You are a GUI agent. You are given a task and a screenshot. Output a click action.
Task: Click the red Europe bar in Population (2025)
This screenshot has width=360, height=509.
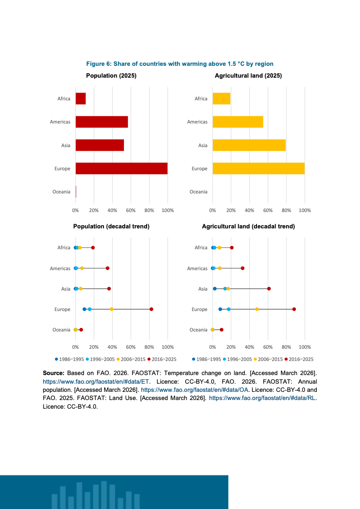point(121,168)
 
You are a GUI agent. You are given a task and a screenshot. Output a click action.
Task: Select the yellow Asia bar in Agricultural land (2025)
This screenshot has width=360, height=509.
point(249,145)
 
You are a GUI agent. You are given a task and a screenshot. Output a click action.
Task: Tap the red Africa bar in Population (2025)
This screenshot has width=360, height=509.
point(80,99)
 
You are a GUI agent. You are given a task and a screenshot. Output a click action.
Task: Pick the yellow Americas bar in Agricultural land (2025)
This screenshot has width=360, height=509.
point(238,122)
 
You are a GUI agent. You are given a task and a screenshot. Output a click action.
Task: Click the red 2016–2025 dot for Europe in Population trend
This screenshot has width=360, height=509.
point(151,309)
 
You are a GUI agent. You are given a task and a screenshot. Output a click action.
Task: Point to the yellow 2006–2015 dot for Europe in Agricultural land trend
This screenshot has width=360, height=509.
point(257,309)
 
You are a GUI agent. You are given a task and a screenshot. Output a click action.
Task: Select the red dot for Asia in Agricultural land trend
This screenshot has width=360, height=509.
point(269,289)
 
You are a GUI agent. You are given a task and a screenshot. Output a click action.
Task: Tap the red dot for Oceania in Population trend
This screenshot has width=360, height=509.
point(81,330)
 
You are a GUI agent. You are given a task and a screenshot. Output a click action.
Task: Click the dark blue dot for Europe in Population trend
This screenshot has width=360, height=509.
point(84,309)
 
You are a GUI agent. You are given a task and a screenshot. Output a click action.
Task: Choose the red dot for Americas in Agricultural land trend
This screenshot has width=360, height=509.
point(242,268)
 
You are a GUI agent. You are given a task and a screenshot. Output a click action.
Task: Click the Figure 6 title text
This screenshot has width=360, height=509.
point(180,64)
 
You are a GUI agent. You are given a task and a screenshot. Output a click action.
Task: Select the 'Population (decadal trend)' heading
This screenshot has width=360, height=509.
point(111,226)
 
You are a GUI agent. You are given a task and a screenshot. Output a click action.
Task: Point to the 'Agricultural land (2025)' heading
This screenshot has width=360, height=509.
point(248,76)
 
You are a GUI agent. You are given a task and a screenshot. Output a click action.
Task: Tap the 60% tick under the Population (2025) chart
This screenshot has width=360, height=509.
point(131,210)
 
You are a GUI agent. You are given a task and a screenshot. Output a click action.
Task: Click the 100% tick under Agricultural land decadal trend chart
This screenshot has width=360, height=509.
point(305,347)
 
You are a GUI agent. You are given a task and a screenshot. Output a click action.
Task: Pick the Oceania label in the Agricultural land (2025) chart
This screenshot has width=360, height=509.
point(198,192)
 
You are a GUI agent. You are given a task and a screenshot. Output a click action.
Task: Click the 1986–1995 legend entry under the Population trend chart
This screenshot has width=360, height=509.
point(69,359)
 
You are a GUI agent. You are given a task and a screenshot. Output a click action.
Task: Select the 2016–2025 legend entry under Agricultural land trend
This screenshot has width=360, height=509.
point(299,359)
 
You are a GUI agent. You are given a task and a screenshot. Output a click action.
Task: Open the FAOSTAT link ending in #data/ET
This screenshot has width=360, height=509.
point(96,381)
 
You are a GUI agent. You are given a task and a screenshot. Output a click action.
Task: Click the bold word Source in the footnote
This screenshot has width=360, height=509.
point(54,373)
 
